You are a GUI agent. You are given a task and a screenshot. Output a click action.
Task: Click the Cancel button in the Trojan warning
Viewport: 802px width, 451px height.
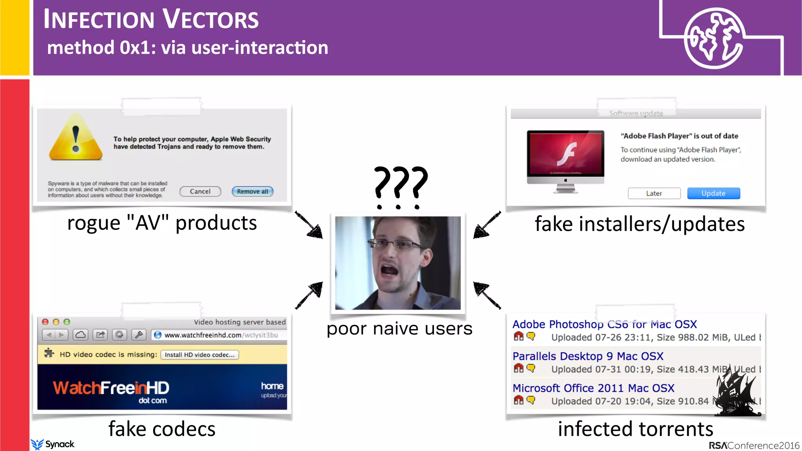click(200, 191)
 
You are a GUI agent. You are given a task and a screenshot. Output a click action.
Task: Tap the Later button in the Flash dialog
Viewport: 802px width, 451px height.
click(654, 193)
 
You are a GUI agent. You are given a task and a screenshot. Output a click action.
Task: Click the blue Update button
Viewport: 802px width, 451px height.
click(713, 193)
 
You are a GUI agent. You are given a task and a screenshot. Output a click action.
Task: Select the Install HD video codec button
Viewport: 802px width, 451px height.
click(199, 355)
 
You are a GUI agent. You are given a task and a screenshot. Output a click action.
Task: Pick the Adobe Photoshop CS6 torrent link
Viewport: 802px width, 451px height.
click(604, 325)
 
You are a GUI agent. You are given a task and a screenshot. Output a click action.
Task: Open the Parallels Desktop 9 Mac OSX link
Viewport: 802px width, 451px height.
click(588, 356)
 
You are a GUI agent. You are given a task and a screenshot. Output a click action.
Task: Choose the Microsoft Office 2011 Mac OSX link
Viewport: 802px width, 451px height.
click(593, 388)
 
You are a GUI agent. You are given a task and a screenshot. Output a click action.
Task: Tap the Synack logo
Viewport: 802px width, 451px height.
click(53, 444)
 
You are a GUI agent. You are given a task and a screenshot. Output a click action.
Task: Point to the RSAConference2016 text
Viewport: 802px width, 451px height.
click(754, 446)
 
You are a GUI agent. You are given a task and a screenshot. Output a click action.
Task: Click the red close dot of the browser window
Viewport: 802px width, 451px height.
click(45, 322)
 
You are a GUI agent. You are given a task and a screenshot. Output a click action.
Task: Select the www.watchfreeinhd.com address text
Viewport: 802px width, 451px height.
click(202, 335)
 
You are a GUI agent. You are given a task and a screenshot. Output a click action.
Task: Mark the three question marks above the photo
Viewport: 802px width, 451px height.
click(400, 186)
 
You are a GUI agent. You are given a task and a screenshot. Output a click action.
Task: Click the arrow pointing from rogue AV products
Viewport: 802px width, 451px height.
click(309, 225)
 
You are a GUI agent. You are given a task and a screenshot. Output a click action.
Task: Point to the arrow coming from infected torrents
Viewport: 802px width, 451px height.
click(487, 295)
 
